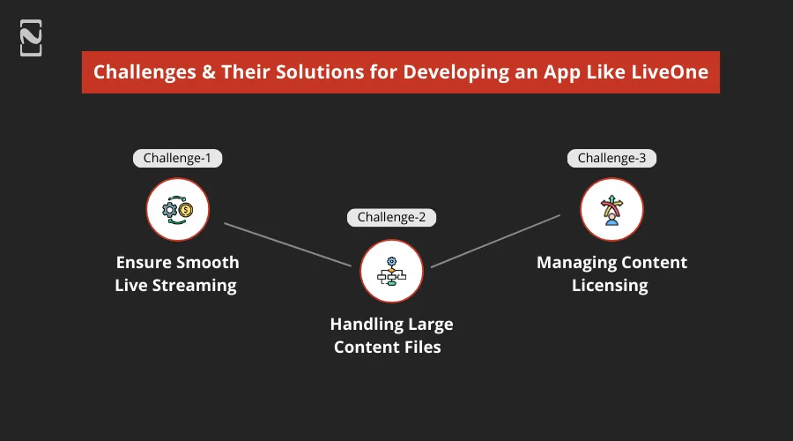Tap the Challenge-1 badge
click(x=177, y=158)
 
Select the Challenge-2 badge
click(x=391, y=217)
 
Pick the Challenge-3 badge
click(x=611, y=158)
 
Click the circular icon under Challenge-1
click(x=177, y=209)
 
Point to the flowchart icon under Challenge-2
click(x=391, y=271)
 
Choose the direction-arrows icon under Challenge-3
click(x=611, y=209)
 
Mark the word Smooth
click(x=208, y=263)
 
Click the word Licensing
click(x=610, y=285)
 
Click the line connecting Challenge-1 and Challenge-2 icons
click(x=286, y=243)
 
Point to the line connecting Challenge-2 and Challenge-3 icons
click(x=495, y=240)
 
